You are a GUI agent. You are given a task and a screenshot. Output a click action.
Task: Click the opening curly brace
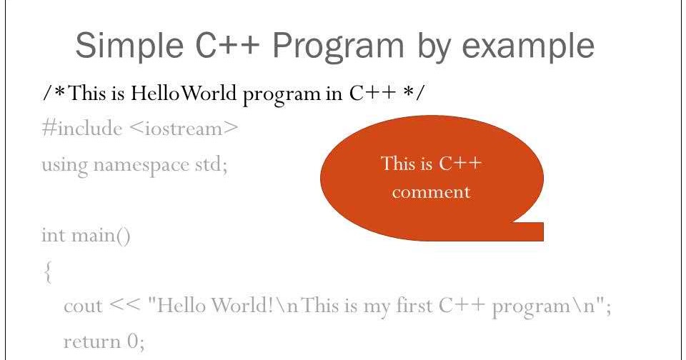coord(46,272)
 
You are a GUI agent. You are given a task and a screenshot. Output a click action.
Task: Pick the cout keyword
coord(82,306)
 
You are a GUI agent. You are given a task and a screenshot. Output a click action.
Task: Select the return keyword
coord(91,341)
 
